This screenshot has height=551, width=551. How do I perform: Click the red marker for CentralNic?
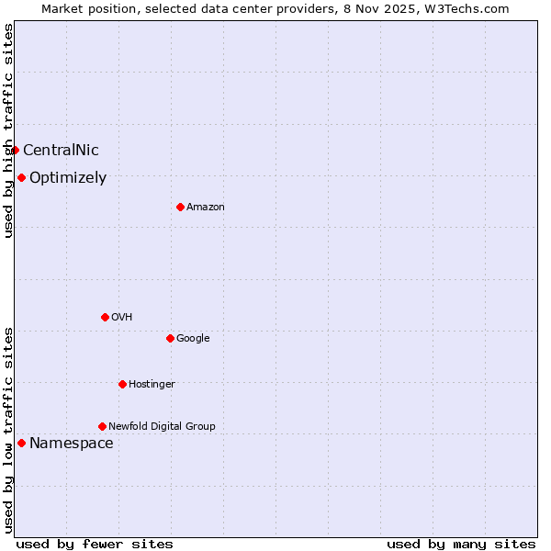coord(15,150)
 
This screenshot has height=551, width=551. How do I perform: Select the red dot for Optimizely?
coord(21,177)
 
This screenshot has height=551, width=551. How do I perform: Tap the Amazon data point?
coord(180,207)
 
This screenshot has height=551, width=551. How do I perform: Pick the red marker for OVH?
coord(105,317)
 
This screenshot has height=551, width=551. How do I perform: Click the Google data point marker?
coord(170,338)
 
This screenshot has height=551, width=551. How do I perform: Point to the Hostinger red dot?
coord(122,384)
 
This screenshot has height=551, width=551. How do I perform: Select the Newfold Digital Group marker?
coord(102,426)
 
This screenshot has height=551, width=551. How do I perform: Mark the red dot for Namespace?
coord(21,443)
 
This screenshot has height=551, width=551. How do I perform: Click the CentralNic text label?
coord(61,151)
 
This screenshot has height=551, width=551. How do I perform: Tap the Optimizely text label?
coord(68,178)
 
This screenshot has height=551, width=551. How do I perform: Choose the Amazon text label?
coord(206,208)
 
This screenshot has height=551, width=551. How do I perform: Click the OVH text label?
coord(122,318)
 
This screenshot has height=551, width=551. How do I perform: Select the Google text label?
coord(193,339)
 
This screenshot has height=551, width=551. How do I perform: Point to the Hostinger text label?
coord(152,385)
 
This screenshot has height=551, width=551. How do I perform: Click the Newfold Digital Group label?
coord(162,427)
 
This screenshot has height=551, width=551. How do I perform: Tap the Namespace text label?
coord(72,444)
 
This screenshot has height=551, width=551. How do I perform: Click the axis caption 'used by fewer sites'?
coord(95,544)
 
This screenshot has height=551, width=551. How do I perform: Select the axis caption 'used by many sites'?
coord(461,544)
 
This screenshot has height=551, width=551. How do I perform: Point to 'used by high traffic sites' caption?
coord(8,130)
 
